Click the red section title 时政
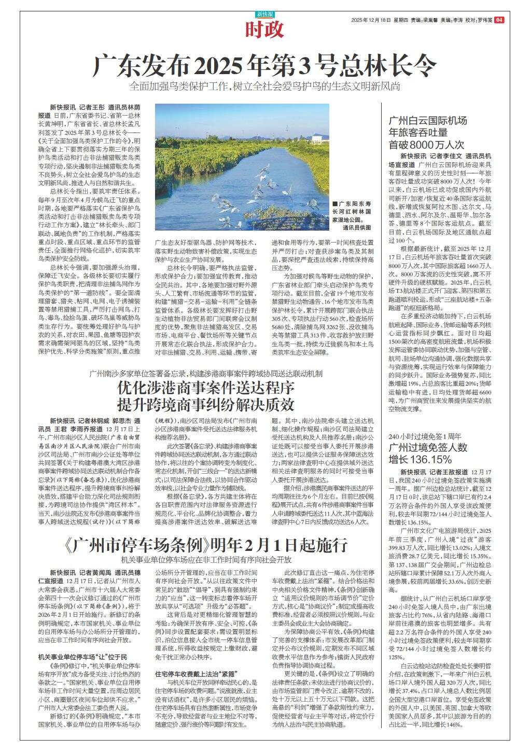tap(264, 31)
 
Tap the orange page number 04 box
tap(499, 20)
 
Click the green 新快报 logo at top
tap(264, 15)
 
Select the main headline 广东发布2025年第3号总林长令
tap(264, 66)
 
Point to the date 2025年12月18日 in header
tap(370, 20)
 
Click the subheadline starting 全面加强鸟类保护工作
tap(265, 87)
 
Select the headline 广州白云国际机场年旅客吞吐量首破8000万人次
tap(430, 133)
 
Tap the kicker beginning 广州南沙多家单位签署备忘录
tap(206, 373)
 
